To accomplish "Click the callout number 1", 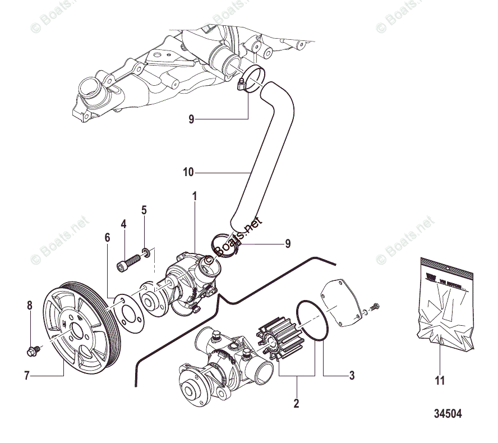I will pos(195,197).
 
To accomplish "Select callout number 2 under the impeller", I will pos(296,403).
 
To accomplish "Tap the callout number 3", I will pos(352,376).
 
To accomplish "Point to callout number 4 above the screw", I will pos(123,224).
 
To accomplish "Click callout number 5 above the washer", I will pos(144,210).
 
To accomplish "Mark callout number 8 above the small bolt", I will pos(30,306).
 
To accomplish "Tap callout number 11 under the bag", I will pos(440,381).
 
